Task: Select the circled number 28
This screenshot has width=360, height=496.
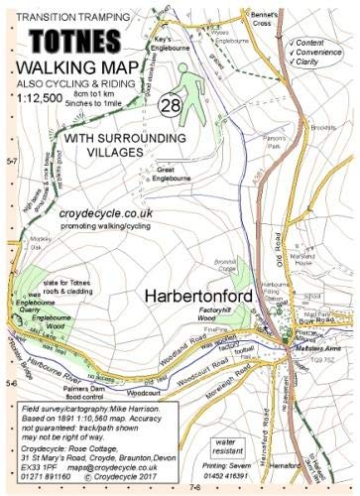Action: pyautogui.click(x=169, y=106)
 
